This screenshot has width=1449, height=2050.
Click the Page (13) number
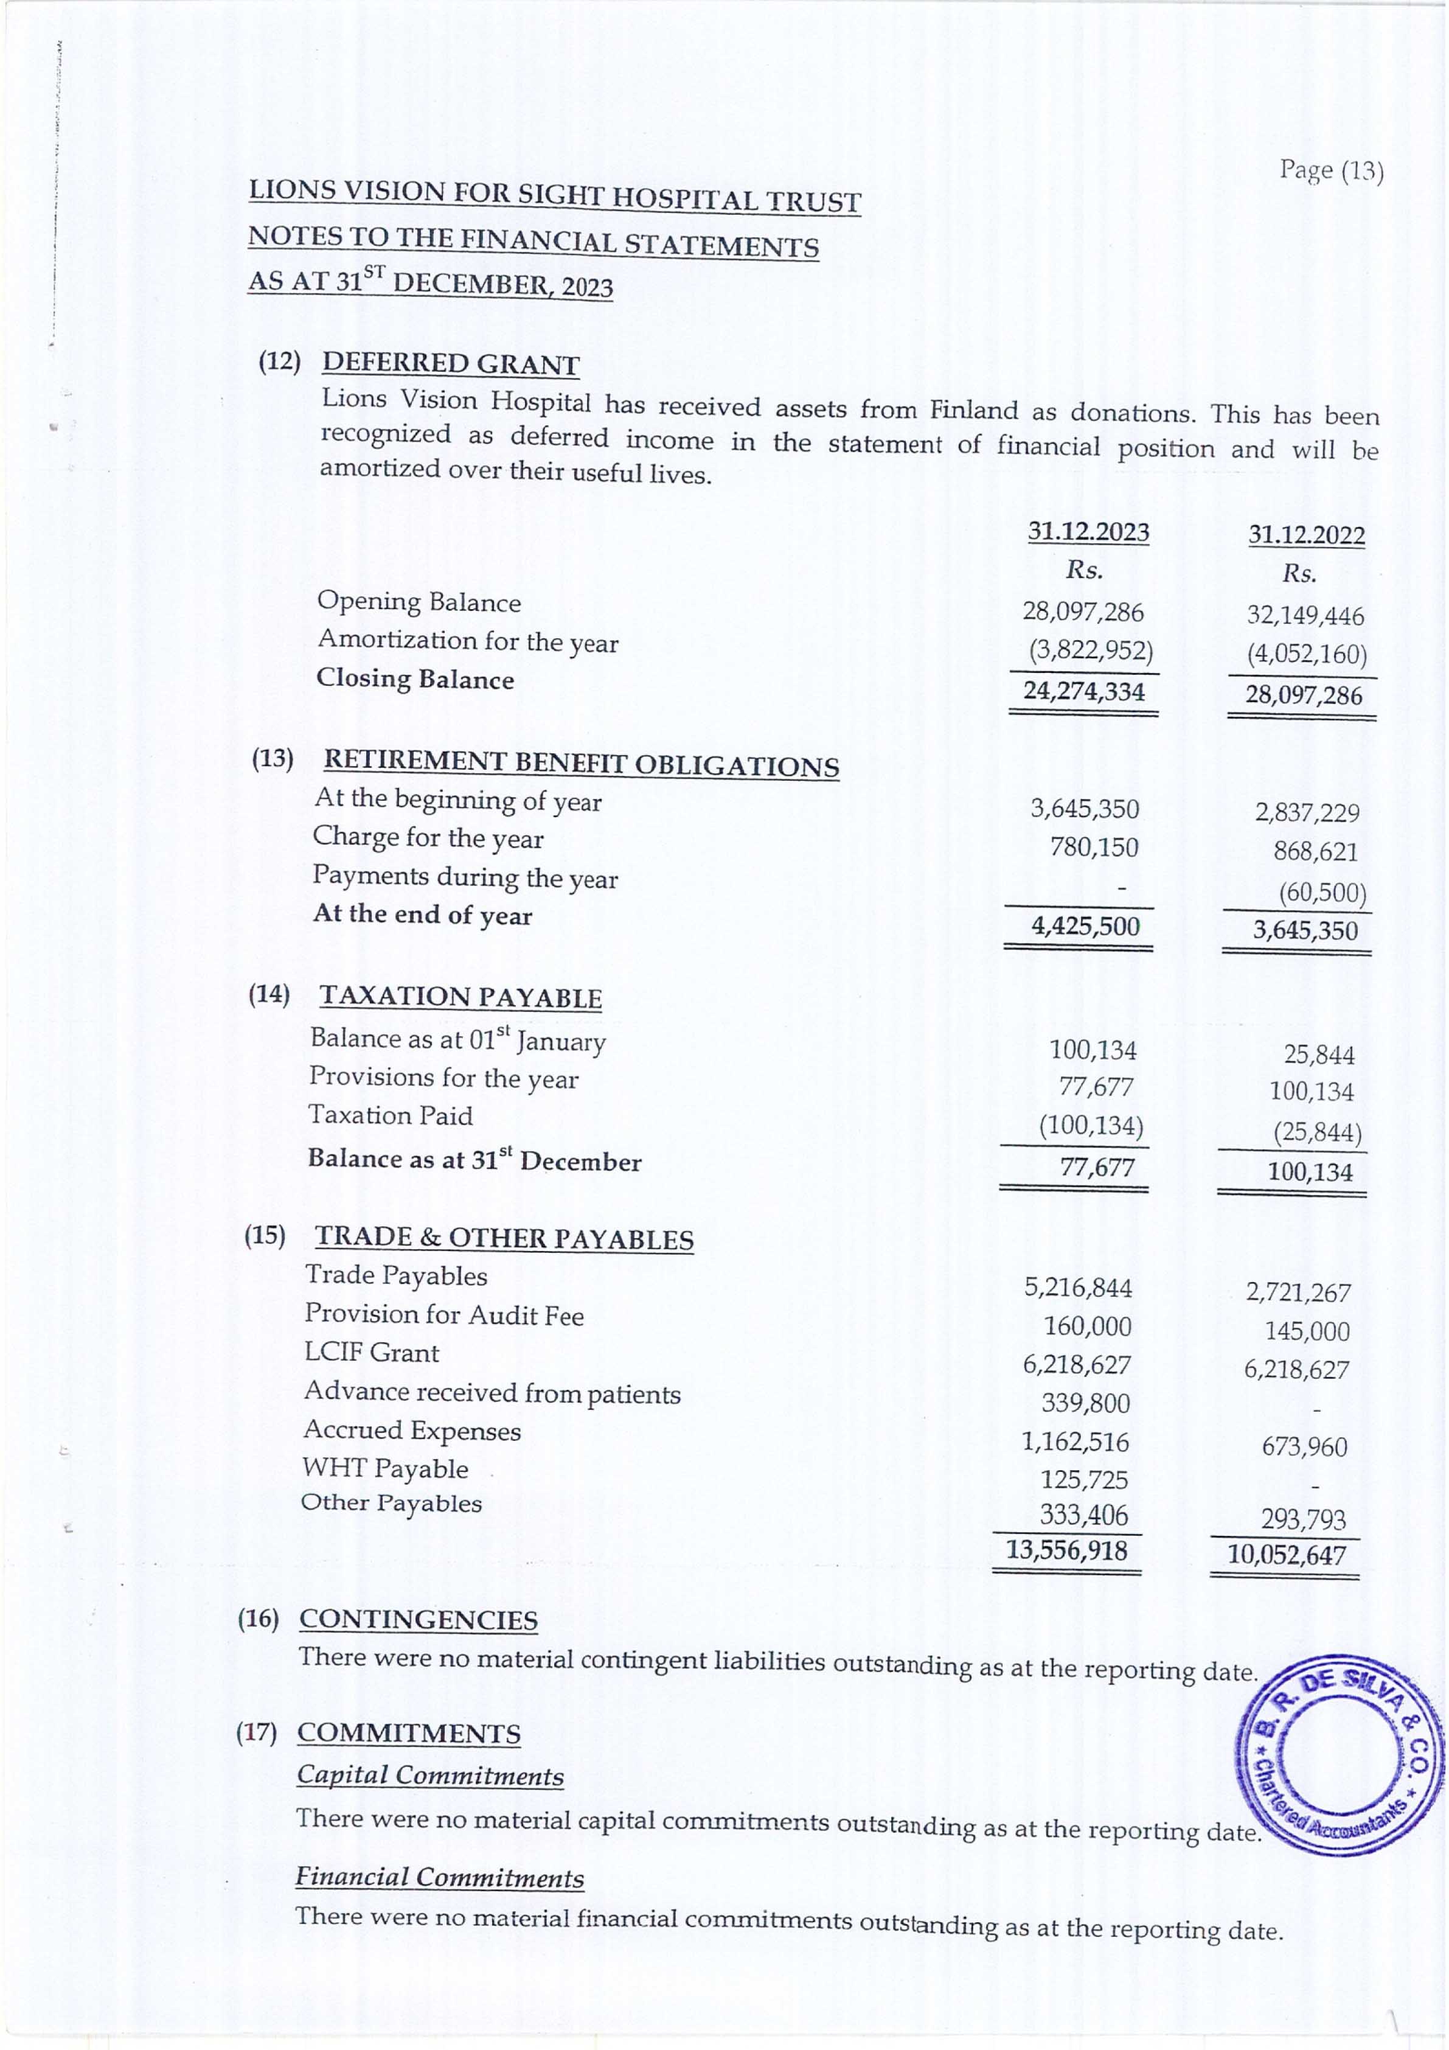click(1331, 170)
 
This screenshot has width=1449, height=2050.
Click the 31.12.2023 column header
click(1088, 532)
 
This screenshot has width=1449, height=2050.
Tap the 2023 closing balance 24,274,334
click(1084, 691)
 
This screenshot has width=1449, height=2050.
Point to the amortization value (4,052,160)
click(1307, 655)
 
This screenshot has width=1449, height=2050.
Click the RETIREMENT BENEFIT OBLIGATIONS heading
click(581, 764)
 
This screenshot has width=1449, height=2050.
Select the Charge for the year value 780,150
click(1094, 846)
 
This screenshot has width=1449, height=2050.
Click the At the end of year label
click(422, 915)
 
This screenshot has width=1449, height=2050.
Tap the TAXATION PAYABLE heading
click(460, 997)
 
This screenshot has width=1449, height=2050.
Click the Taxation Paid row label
click(390, 1115)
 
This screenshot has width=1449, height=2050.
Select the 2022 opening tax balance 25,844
click(1319, 1055)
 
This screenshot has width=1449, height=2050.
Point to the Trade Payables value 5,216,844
click(1077, 1288)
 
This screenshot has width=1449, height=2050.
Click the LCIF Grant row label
click(372, 1353)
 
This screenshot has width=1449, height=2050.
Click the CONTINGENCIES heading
click(419, 1620)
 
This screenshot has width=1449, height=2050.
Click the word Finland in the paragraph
click(973, 411)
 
